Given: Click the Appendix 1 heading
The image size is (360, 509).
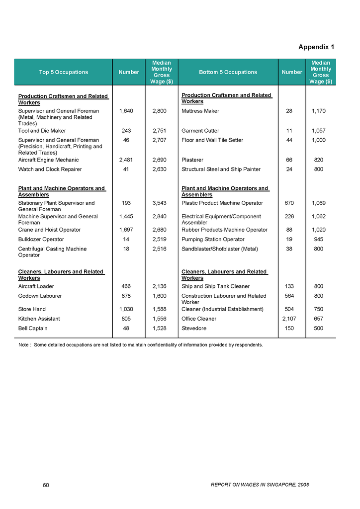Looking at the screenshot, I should (x=316, y=47).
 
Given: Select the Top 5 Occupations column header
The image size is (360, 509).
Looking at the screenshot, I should (x=63, y=72).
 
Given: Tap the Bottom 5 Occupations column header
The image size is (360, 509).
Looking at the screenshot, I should (x=228, y=72).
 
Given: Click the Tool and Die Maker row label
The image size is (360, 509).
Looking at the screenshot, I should (x=42, y=131).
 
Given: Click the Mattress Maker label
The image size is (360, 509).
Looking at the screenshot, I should (x=200, y=111).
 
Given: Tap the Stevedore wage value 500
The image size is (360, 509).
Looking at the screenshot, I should (x=319, y=329).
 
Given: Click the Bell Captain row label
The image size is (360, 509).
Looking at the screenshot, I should (x=33, y=329).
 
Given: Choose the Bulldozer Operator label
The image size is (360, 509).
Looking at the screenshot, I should (x=41, y=240).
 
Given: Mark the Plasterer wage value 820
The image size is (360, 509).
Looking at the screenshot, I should (x=319, y=160).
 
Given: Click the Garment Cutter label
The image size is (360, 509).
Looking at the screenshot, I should (x=200, y=131).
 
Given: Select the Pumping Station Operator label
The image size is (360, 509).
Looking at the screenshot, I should (x=213, y=240).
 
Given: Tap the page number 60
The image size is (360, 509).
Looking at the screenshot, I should (x=46, y=485).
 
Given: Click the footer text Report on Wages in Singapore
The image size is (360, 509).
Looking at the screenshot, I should (x=260, y=485).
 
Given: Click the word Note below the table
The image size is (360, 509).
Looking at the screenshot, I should (x=24, y=344).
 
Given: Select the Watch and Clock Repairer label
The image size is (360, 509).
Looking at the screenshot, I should (x=50, y=170).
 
